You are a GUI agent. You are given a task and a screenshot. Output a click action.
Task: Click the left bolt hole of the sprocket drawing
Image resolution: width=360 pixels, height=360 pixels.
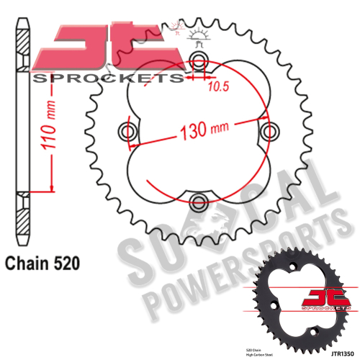click(x=130, y=131)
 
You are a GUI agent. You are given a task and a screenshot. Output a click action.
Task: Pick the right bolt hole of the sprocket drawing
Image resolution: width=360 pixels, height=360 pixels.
click(x=271, y=131)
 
